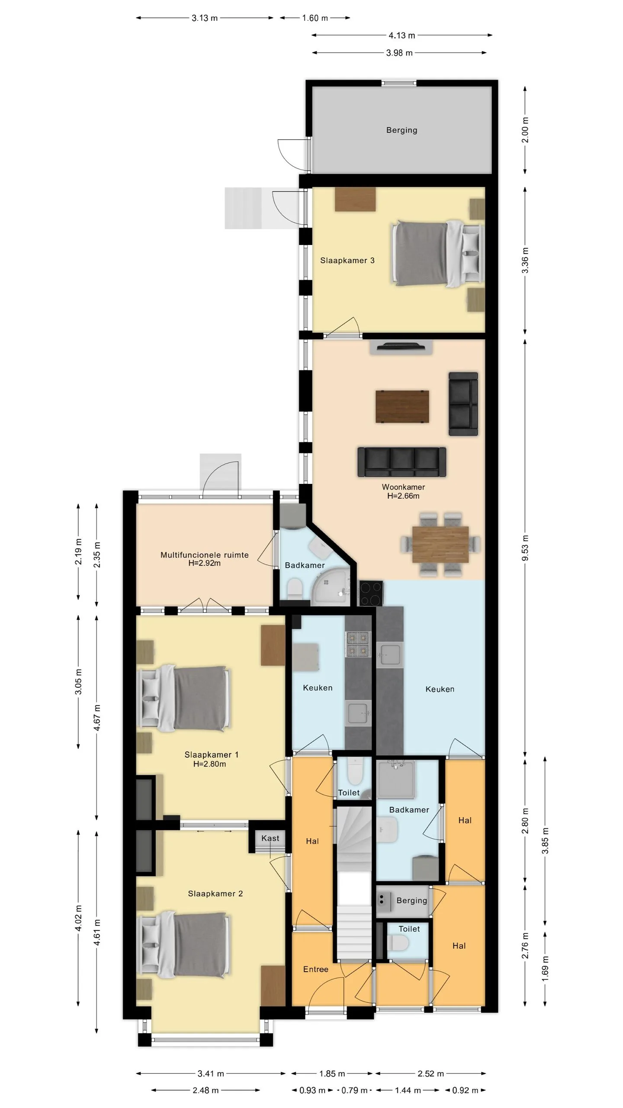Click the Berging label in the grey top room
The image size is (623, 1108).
pyautogui.click(x=401, y=130)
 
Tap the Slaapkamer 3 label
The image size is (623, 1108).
pyautogui.click(x=347, y=260)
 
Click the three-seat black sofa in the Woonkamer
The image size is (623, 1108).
pyautogui.click(x=401, y=462)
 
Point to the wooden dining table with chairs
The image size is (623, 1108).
pyautogui.click(x=440, y=544)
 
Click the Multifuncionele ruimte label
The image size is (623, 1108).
pyautogui.click(x=204, y=555)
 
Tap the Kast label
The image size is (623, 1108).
pyautogui.click(x=270, y=838)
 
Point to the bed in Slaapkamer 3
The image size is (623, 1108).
pyautogui.click(x=437, y=253)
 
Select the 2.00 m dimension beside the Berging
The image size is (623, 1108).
pyautogui.click(x=525, y=130)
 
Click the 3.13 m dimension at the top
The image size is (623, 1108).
pyautogui.click(x=205, y=18)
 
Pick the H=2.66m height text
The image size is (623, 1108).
pyautogui.click(x=403, y=496)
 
